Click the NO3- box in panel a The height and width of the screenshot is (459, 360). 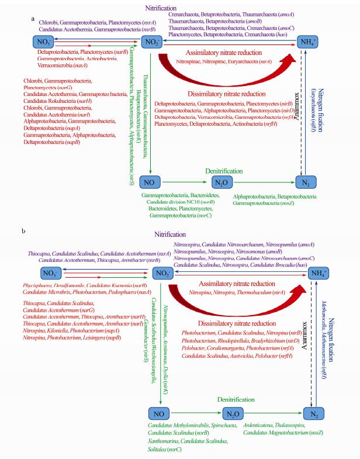(x=44, y=42)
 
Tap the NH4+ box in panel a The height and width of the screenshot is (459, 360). (x=309, y=42)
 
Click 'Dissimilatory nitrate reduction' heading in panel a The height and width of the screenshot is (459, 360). (x=225, y=94)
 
